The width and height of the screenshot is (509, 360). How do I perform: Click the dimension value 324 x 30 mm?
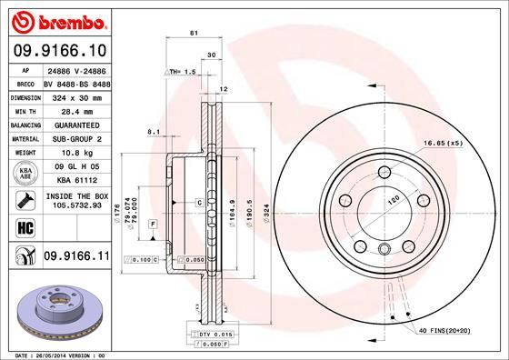[x=75, y=95]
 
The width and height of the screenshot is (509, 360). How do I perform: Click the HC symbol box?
[x=18, y=227]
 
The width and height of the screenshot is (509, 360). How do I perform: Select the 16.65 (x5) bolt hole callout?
[x=442, y=144]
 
